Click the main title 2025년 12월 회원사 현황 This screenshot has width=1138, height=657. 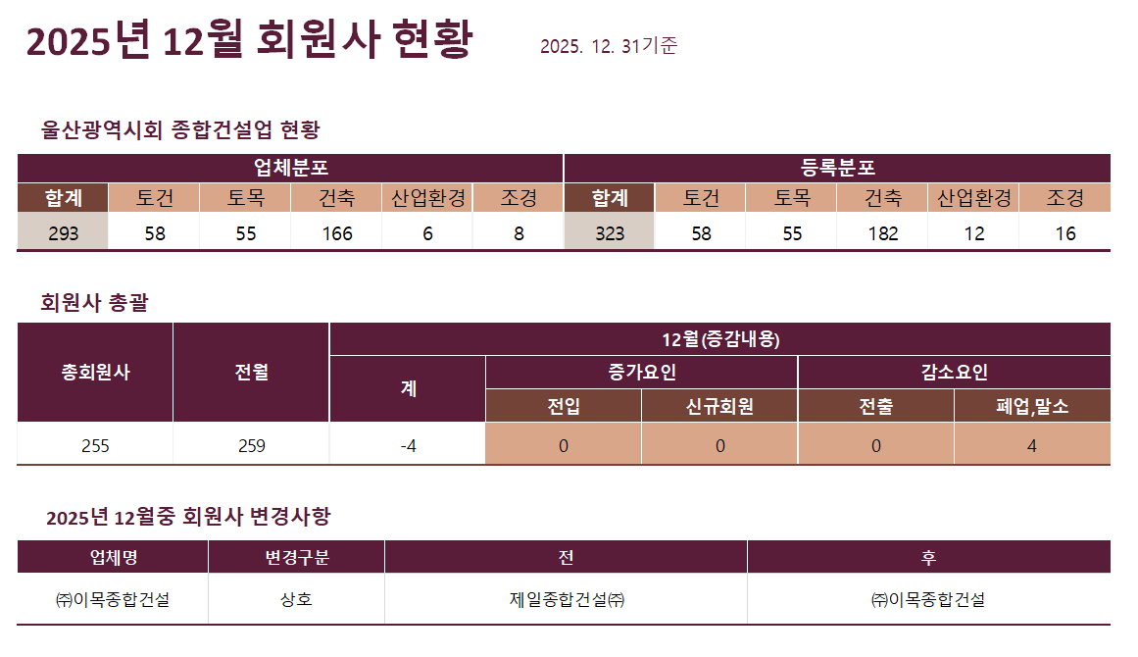249,41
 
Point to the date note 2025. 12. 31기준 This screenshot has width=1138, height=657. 608,46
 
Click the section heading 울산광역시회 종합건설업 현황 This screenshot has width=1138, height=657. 180,129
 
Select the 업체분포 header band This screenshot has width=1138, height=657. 290,167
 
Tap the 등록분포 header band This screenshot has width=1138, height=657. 837,167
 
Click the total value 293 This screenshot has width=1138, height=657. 62,233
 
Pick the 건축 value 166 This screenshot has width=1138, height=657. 336,233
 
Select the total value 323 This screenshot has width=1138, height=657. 610,233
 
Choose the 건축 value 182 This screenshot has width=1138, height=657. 882,233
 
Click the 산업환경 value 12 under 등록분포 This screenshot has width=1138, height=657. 973,233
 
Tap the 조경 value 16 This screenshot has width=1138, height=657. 1064,233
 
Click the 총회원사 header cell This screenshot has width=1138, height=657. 95,373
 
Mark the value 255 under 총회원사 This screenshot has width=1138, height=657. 95,446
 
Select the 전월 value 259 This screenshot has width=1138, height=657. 251,446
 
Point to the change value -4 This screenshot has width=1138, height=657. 408,446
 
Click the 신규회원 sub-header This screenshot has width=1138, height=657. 719,407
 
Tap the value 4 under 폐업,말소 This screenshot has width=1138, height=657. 1031,446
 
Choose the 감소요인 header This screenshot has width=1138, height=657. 954,373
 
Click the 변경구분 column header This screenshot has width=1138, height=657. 296,558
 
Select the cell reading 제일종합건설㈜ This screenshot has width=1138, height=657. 566,600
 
